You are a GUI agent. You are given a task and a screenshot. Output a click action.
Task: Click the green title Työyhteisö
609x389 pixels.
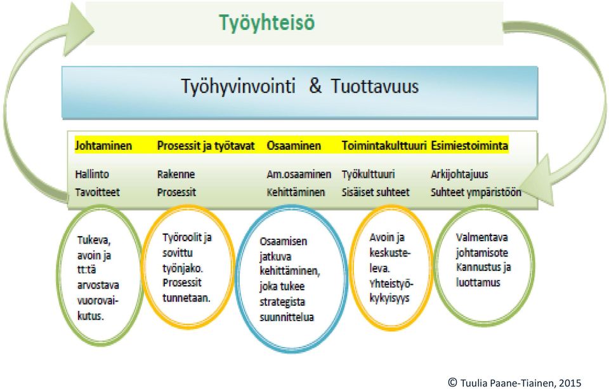(x=267, y=23)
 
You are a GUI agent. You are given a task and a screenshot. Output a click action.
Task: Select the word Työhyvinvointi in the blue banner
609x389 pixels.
(x=238, y=87)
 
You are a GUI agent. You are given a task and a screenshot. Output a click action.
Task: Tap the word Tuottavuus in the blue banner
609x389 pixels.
(x=375, y=86)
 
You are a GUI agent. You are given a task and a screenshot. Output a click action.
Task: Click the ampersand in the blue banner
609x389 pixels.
(x=315, y=86)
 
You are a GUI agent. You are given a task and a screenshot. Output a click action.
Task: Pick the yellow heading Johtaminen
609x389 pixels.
(x=103, y=146)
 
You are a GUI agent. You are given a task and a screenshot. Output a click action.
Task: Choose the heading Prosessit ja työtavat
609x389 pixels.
(x=206, y=146)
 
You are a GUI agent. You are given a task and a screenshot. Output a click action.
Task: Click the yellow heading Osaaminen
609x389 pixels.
(x=294, y=146)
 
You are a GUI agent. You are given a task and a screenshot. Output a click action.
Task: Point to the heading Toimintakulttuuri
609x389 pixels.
(x=384, y=146)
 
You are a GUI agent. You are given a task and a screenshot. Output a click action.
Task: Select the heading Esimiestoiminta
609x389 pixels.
(x=469, y=146)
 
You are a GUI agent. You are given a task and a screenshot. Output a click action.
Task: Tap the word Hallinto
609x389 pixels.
(x=92, y=174)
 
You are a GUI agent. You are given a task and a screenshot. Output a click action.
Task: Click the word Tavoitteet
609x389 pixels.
(x=98, y=192)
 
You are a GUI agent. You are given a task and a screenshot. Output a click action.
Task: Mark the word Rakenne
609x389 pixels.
(x=176, y=174)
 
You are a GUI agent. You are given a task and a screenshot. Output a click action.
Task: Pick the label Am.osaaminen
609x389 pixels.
(x=299, y=174)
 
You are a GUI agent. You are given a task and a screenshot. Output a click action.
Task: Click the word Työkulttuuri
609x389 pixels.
(x=368, y=175)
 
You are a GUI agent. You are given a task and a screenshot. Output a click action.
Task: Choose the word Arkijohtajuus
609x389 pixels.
(x=459, y=175)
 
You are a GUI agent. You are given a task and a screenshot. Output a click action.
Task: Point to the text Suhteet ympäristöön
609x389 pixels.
(x=476, y=192)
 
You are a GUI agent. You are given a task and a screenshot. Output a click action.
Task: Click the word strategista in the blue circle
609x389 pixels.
(x=282, y=302)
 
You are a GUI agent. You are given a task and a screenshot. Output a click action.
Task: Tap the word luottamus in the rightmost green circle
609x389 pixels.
(x=478, y=282)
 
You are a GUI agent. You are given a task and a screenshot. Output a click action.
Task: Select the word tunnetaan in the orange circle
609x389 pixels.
(x=187, y=298)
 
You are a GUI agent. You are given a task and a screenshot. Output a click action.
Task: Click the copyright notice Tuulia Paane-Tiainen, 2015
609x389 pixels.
(x=515, y=383)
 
